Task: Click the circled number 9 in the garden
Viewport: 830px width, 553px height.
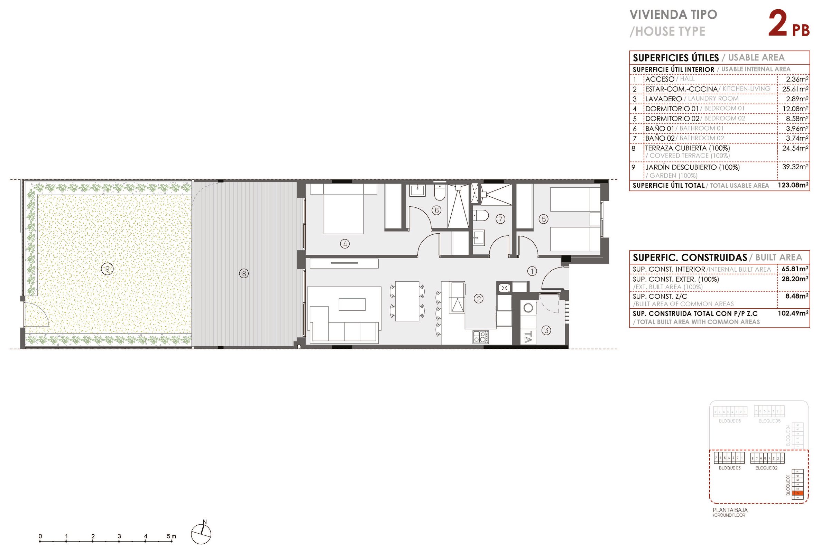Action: coord(107,269)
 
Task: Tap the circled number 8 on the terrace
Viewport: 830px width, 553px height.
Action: coord(243,273)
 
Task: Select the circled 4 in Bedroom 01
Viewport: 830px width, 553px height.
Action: coord(345,243)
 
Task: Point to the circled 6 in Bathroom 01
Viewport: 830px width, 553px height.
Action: coord(436,210)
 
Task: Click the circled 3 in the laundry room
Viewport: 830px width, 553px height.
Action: coord(546,330)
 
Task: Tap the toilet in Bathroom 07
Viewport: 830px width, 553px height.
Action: coord(480,215)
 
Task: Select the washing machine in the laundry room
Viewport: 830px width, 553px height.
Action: coord(528,308)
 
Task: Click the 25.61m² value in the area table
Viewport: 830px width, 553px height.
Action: coord(795,89)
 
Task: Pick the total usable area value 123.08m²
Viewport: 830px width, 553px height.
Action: coord(793,185)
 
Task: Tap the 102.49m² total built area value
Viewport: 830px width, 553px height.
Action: coord(793,313)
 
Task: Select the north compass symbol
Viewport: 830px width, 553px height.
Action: coord(201,534)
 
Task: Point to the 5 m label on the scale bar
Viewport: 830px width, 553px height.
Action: coord(171,536)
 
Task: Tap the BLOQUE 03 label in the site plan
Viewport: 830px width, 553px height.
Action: coord(729,468)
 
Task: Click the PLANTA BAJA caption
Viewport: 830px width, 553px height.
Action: coord(730,510)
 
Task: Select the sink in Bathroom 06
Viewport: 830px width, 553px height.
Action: coord(417,190)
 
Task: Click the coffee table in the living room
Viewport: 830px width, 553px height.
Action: coord(352,304)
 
